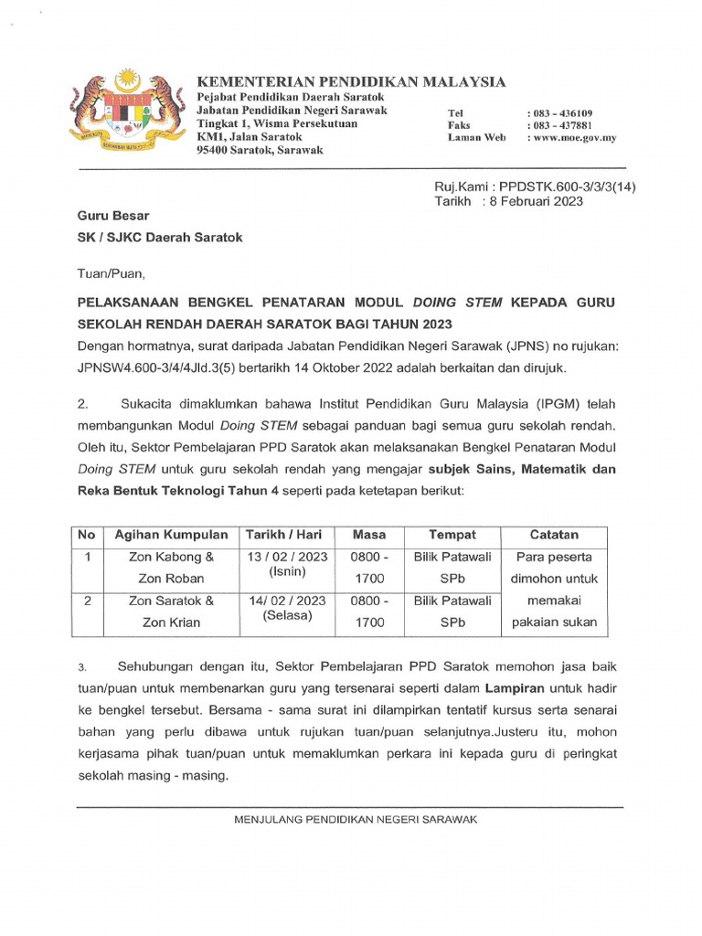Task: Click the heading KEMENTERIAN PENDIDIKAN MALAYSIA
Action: [x=351, y=81]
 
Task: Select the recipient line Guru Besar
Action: [x=112, y=216]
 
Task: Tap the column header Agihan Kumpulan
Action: [x=171, y=535]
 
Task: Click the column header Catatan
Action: [x=555, y=535]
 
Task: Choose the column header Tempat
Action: [x=452, y=535]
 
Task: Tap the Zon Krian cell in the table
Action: [x=171, y=622]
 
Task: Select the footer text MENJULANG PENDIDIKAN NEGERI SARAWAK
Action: [x=356, y=820]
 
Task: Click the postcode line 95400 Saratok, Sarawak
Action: [x=261, y=151]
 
